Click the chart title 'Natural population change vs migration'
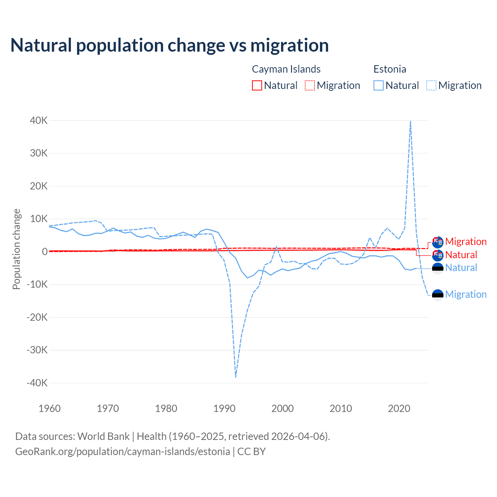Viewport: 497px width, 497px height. [170, 45]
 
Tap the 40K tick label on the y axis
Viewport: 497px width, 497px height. [39, 120]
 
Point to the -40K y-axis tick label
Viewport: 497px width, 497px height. [37, 383]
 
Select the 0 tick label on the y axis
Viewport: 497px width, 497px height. [45, 252]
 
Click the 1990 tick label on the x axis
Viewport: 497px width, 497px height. [224, 408]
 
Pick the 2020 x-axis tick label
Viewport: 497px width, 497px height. [399, 408]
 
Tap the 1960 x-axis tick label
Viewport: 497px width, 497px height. [50, 408]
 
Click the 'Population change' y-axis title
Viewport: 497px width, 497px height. [16, 249]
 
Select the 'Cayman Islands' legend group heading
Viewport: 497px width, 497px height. [286, 69]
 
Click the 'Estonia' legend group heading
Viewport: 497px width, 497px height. [389, 69]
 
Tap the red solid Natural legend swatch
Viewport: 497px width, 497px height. [257, 85]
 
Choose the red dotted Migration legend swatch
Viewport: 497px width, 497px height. [310, 85]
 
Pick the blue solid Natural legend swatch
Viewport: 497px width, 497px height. [379, 85]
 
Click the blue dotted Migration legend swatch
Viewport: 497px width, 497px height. [431, 85]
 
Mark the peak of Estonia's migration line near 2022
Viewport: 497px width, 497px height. [410, 122]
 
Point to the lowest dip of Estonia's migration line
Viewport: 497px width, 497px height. [236, 376]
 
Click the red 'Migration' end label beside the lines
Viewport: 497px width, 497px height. [466, 242]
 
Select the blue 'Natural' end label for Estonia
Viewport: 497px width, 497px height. [461, 268]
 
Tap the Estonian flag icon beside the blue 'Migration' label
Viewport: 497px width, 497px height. [438, 295]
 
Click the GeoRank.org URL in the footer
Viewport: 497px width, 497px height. [123, 452]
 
